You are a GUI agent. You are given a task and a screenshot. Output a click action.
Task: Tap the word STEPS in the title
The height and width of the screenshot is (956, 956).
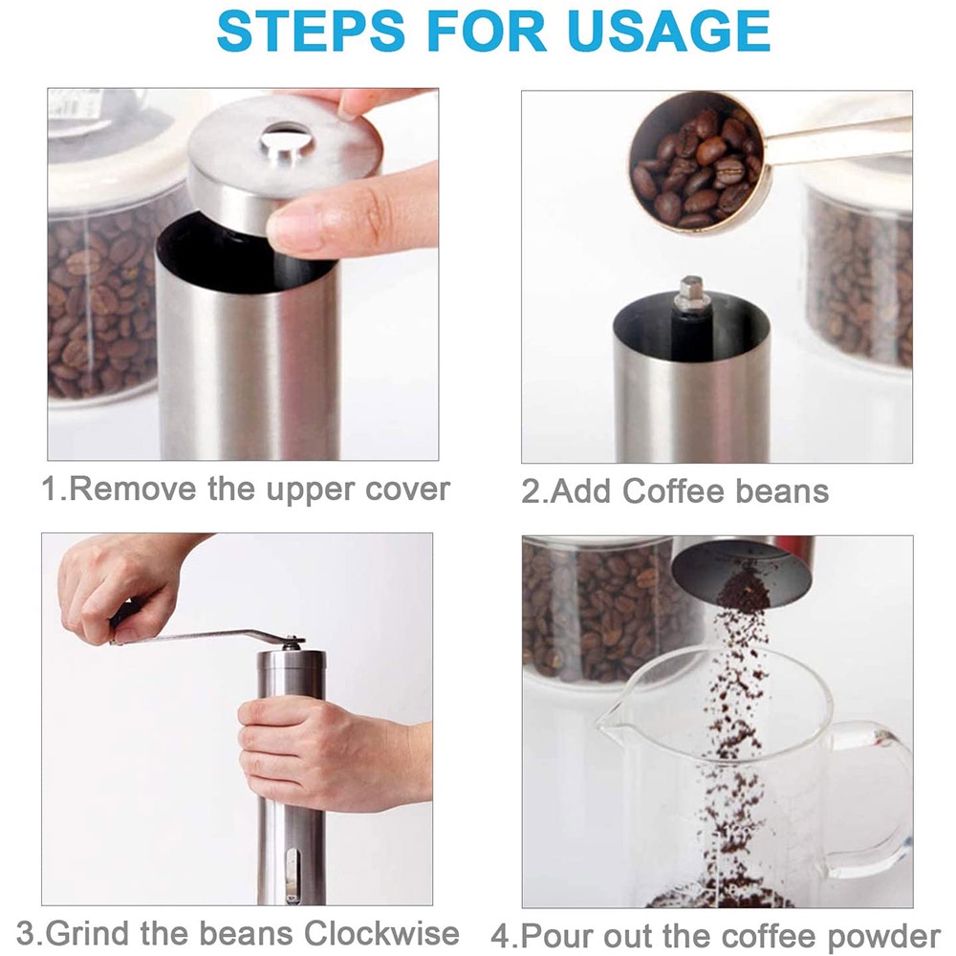pos(311,30)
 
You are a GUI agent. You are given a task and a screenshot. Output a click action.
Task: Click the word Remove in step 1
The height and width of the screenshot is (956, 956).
pos(133,489)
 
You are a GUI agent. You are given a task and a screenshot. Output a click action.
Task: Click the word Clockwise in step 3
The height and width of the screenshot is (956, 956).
pos(381,933)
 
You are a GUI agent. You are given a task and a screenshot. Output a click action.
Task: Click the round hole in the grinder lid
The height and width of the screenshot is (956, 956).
pos(287,139)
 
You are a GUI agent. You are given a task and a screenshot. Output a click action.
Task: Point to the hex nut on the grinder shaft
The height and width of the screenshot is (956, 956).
pos(692,289)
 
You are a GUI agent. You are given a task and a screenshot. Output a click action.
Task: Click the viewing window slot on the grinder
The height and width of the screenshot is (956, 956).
pos(293,876)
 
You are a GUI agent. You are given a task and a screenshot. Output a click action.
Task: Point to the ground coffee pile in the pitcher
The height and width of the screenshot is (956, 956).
pos(720,897)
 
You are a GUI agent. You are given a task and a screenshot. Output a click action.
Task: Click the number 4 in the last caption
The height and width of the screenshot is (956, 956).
pos(500,937)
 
